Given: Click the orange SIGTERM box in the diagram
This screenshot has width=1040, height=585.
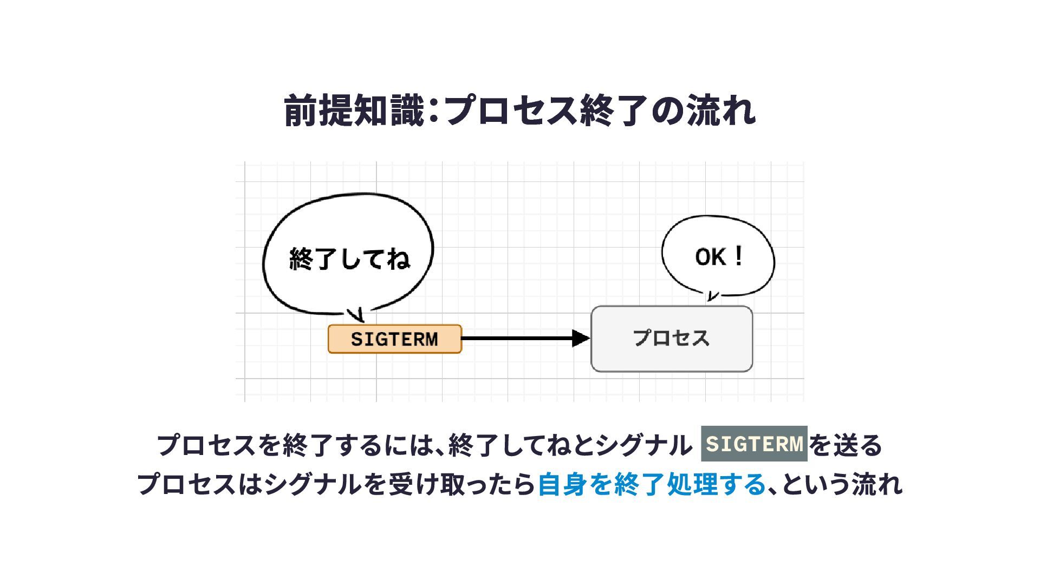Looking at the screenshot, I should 394,339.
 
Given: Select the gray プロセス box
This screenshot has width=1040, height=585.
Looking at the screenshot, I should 671,339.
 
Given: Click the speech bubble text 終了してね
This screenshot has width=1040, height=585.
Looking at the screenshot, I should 350,259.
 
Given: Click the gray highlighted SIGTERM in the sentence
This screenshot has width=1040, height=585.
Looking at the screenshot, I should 754,444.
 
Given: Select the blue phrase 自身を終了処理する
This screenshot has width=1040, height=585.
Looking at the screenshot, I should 652,484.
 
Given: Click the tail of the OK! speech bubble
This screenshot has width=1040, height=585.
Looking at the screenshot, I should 712,296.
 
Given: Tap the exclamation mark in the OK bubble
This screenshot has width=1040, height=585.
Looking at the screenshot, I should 737,256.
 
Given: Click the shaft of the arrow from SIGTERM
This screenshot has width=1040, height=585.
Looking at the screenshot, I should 517,339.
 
